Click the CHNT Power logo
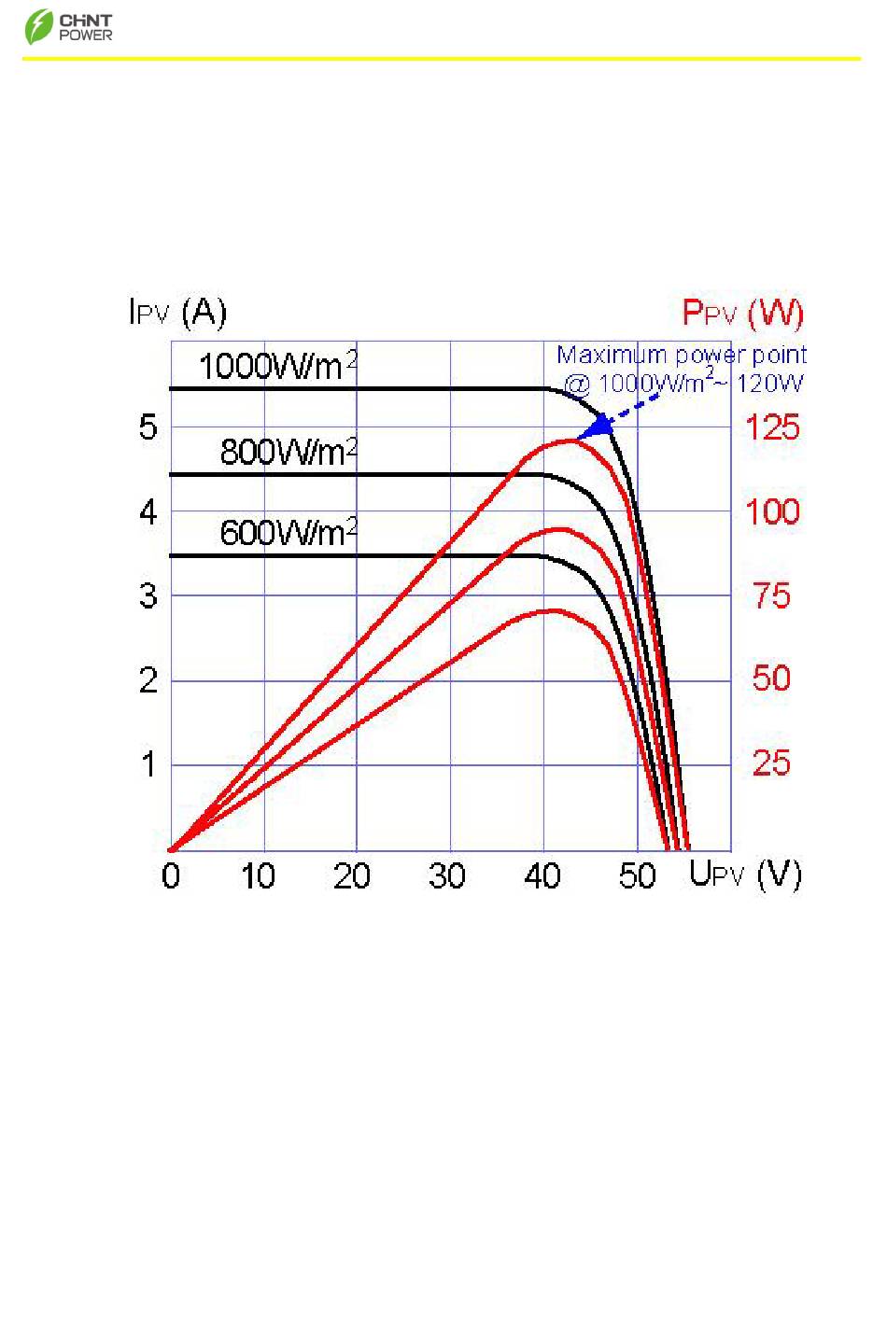pyautogui.click(x=68, y=27)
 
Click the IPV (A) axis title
pyautogui.click(x=177, y=313)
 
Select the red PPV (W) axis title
pyautogui.click(x=742, y=313)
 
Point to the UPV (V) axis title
pyautogui.click(x=745, y=874)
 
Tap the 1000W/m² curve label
pyautogui.click(x=277, y=365)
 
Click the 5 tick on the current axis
pyautogui.click(x=148, y=428)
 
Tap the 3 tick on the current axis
pyautogui.click(x=148, y=595)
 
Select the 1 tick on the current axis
pyautogui.click(x=148, y=765)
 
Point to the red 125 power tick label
pyautogui.click(x=771, y=428)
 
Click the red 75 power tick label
pyautogui.click(x=771, y=595)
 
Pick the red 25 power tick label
pyautogui.click(x=771, y=764)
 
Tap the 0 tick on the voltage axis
pyautogui.click(x=171, y=876)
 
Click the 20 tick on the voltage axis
pyautogui.click(x=352, y=876)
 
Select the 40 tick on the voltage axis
pyautogui.click(x=542, y=876)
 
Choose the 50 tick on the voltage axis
pyautogui.click(x=638, y=876)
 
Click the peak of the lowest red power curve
pyautogui.click(x=554, y=610)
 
